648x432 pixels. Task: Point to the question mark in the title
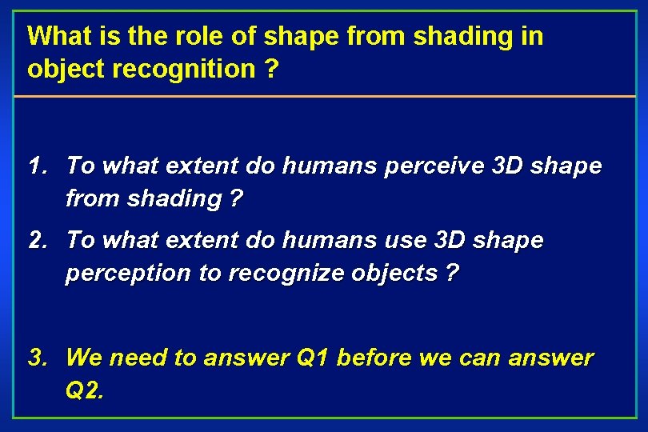click(272, 70)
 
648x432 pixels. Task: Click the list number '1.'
click(38, 166)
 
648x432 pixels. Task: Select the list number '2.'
click(38, 240)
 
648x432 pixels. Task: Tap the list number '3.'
click(38, 358)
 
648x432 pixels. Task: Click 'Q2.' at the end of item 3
click(85, 391)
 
